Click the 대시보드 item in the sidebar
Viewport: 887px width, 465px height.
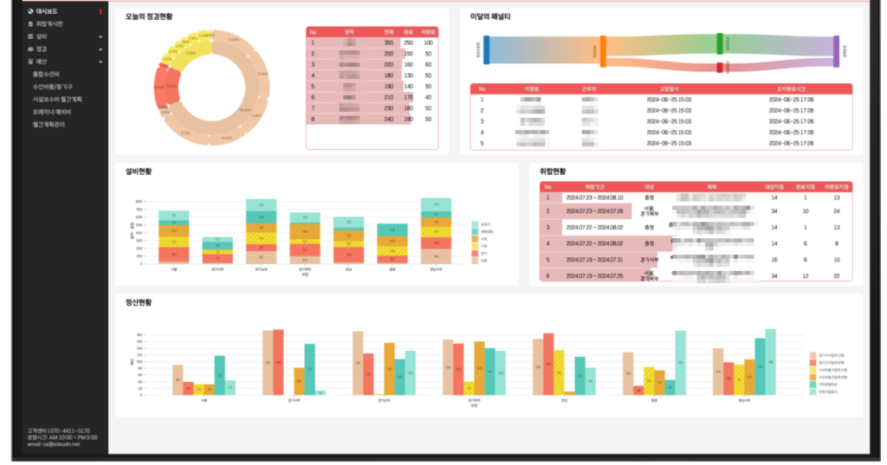point(46,11)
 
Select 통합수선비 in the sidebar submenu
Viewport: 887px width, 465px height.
point(47,74)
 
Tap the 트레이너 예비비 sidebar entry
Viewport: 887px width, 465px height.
point(52,112)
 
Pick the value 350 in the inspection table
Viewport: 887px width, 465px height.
point(389,42)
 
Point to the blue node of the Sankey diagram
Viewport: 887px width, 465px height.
point(487,50)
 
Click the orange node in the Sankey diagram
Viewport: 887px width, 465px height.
point(603,51)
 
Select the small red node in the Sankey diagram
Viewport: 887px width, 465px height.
point(720,68)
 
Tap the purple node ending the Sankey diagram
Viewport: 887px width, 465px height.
point(836,51)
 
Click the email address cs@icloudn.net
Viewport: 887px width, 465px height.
point(64,444)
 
